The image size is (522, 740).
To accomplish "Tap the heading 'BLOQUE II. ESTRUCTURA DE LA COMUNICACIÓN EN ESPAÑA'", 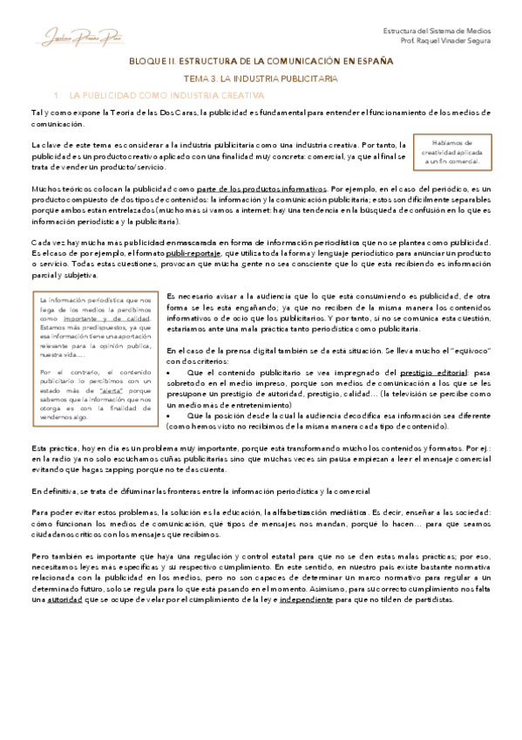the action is pyautogui.click(x=261, y=62).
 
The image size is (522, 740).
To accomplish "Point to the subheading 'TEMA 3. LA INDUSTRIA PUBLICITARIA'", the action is pyautogui.click(x=261, y=79).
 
